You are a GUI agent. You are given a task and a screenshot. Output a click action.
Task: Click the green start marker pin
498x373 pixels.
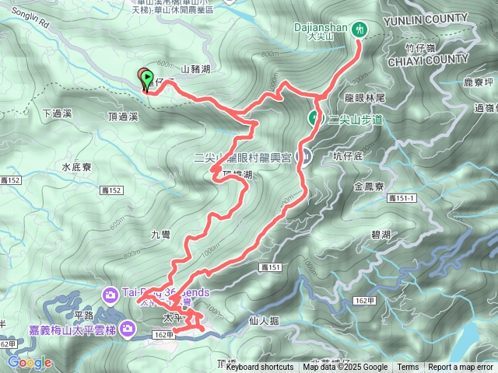pos(149,76)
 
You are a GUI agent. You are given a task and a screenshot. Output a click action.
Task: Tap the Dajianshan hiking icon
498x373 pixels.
pos(359,29)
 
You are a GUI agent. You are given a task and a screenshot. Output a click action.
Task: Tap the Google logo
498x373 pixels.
pos(30,362)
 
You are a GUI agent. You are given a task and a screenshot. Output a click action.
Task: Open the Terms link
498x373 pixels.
pos(408,368)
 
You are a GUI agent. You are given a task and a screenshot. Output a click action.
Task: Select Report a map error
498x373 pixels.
pos(461,368)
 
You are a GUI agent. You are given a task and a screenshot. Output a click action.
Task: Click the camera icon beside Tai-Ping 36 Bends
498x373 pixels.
pos(110,293)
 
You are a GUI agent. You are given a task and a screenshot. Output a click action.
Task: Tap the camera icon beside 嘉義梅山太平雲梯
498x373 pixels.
pos(127,330)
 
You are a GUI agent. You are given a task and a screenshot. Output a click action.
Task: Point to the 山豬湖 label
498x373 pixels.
pos(195,69)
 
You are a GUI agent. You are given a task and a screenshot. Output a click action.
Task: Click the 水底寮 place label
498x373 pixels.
pos(76,166)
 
